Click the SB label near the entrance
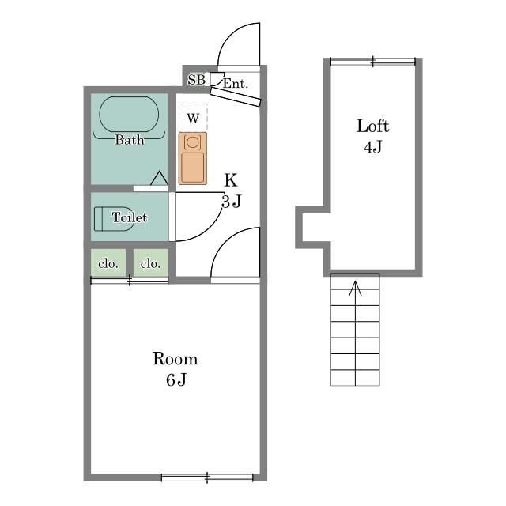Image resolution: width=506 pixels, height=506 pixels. pyautogui.click(x=197, y=80)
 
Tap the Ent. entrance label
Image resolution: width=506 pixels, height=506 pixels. pyautogui.click(x=236, y=84)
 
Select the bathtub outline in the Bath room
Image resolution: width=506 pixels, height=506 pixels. pyautogui.click(x=129, y=114)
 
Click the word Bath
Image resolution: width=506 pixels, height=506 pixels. pyautogui.click(x=130, y=140)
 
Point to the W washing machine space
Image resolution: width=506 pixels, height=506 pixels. pyautogui.click(x=193, y=118)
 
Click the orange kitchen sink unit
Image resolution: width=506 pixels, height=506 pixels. pyautogui.click(x=193, y=158)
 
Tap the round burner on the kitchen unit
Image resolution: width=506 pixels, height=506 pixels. pyautogui.click(x=192, y=142)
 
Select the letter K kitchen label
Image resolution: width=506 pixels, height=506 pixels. pyautogui.click(x=231, y=180)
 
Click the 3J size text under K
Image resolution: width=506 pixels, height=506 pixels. pyautogui.click(x=232, y=202)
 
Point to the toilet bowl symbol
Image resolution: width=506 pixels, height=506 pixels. pyautogui.click(x=112, y=219)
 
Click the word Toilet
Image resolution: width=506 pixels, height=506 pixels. pyautogui.click(x=130, y=217)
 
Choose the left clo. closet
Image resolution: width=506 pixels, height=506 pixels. pyautogui.click(x=108, y=262)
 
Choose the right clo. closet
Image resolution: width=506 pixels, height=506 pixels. pyautogui.click(x=151, y=262)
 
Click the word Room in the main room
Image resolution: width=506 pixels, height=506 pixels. pyautogui.click(x=176, y=359)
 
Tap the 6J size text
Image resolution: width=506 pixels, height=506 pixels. pyautogui.click(x=176, y=379)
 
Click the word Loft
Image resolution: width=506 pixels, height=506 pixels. pyautogui.click(x=372, y=126)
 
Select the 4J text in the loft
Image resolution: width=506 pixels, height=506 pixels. pyautogui.click(x=372, y=147)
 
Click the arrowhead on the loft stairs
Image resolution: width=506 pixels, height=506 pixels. pyautogui.click(x=355, y=288)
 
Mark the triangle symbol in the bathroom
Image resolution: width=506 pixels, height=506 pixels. pyautogui.click(x=159, y=178)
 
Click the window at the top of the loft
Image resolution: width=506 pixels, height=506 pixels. pyautogui.click(x=373, y=62)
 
